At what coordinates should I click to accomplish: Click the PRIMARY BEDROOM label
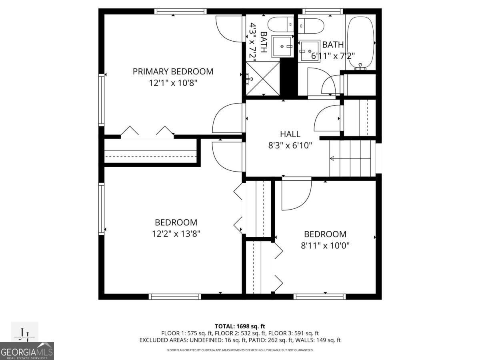[173, 72]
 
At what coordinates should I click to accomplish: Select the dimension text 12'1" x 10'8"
[173, 83]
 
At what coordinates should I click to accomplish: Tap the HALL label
[290, 134]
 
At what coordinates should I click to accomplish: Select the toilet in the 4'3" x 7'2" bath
[280, 25]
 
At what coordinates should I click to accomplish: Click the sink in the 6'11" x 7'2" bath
[310, 51]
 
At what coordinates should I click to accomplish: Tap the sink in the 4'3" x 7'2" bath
[282, 46]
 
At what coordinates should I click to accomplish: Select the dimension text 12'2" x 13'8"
[176, 233]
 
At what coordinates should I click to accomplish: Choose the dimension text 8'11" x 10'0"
[325, 245]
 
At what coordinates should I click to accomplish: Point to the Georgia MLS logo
[27, 351]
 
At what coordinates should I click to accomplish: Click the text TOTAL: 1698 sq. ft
[240, 326]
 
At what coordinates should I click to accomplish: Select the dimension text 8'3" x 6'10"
[290, 146]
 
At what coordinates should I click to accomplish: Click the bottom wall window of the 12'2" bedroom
[175, 296]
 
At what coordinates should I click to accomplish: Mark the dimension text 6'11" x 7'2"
[333, 56]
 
